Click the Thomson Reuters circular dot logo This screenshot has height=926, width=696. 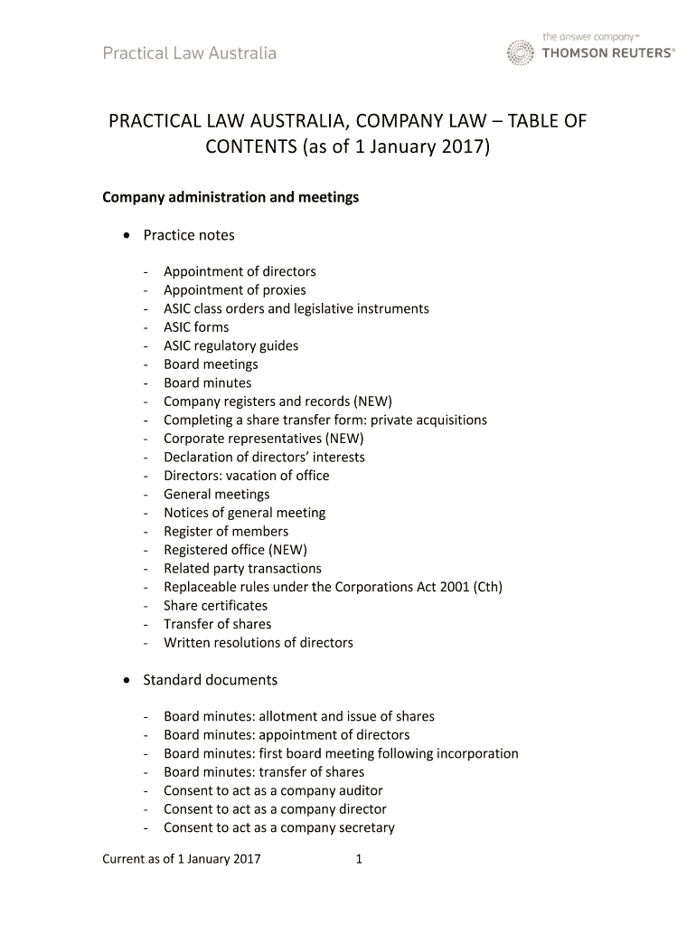(520, 52)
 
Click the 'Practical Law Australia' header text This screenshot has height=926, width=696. (189, 53)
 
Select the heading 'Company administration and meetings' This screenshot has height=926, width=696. (230, 197)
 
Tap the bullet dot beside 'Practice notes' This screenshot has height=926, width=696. (125, 235)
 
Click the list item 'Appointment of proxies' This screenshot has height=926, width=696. (234, 290)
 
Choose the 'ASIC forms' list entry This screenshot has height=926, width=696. (196, 327)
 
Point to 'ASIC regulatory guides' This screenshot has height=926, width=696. (230, 345)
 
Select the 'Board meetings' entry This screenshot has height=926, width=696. (211, 364)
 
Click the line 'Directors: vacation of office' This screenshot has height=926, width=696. (246, 476)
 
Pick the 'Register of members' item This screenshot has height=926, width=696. (226, 532)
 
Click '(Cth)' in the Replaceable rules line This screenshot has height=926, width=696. (484, 587)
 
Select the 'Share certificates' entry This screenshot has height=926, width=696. (215, 606)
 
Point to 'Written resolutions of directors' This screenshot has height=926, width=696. (258, 643)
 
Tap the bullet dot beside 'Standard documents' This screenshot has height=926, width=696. (125, 680)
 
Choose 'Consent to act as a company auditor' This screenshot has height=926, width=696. (273, 791)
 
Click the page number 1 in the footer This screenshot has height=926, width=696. (359, 859)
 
